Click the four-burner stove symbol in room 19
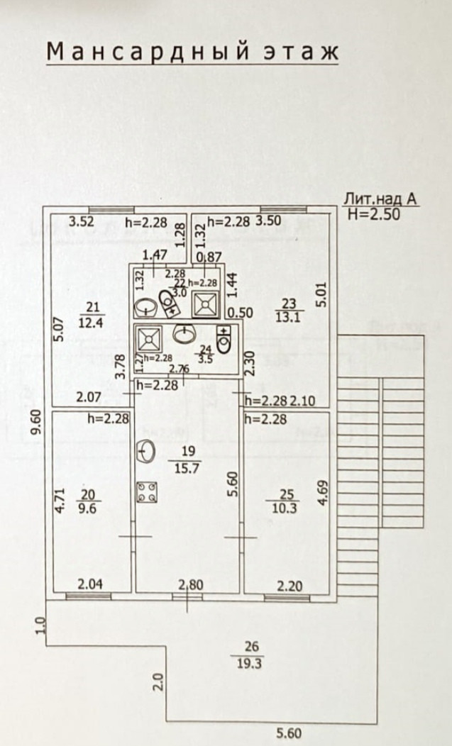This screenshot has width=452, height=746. (148, 493)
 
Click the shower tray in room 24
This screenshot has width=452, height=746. (149, 335)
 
